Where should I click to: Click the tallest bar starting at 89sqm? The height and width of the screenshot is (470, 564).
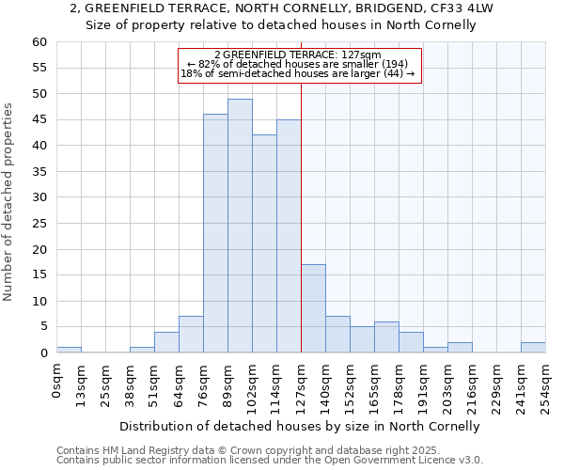point(240,226)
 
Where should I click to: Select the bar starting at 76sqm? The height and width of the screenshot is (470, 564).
point(215,233)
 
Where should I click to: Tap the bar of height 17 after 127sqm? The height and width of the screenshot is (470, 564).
point(313,308)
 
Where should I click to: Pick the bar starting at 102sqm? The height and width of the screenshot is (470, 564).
point(264,243)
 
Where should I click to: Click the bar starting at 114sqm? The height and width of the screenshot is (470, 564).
point(289,236)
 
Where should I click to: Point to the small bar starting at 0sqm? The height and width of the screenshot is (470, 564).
point(69,350)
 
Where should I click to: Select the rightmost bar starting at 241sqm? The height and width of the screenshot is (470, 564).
point(533,348)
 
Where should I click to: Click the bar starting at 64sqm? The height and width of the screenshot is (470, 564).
point(191,335)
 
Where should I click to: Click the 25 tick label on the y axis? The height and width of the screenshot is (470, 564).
point(39,224)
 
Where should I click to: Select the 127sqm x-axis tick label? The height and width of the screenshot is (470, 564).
point(302,384)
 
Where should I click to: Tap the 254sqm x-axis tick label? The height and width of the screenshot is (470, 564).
point(546,384)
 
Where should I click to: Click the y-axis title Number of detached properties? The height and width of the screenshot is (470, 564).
point(9,202)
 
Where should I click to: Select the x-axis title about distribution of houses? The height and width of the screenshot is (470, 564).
point(301,426)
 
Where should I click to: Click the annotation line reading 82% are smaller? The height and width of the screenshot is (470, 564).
point(298,64)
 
